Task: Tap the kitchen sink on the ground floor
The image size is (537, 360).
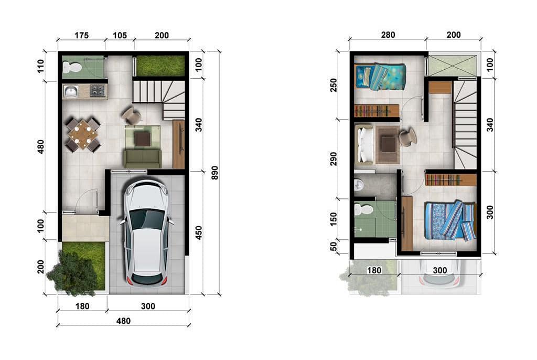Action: (x=70, y=91)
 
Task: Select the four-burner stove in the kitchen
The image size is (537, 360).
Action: (x=98, y=91)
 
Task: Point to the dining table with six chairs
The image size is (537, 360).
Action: (x=82, y=135)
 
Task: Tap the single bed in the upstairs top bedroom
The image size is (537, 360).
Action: (x=380, y=77)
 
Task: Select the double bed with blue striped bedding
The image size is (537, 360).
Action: (x=450, y=221)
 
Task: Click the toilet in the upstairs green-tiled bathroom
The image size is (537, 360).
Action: (x=362, y=210)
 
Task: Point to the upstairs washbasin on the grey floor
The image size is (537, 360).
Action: (x=359, y=184)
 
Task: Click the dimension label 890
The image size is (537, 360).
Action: (x=214, y=173)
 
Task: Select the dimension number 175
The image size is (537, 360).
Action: (x=81, y=36)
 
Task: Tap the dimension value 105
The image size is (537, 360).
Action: (x=120, y=36)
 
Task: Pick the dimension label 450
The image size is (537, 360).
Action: (x=198, y=232)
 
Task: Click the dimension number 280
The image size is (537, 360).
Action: (x=388, y=35)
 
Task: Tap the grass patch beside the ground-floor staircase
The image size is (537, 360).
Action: (x=160, y=66)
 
